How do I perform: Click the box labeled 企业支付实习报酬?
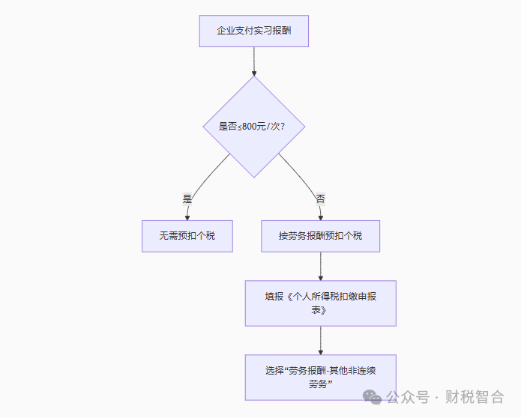(x=253, y=31)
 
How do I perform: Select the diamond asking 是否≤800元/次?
(x=254, y=127)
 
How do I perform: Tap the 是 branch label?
(x=187, y=199)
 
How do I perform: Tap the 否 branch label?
(x=320, y=199)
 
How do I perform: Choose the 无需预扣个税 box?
(x=187, y=236)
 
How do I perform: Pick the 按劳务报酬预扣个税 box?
(x=320, y=236)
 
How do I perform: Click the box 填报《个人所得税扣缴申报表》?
(x=320, y=303)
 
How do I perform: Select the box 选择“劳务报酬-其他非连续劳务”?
(x=320, y=377)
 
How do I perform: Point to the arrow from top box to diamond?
(x=254, y=60)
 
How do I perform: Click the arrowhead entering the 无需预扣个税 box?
(x=187, y=216)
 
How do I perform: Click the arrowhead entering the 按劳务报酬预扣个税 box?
(x=320, y=216)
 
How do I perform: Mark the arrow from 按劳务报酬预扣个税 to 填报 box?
(x=320, y=265)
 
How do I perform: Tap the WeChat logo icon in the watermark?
(x=373, y=396)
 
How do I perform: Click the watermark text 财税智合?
(x=475, y=397)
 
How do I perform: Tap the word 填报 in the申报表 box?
(x=274, y=297)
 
